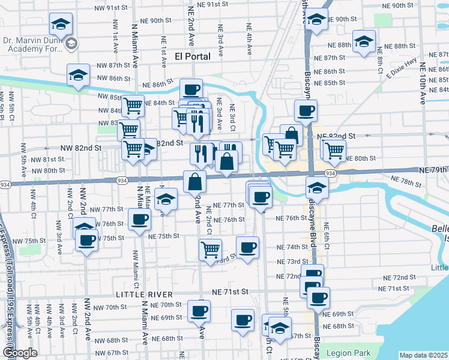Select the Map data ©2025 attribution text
point(424,355)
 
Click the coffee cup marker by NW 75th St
point(88,241)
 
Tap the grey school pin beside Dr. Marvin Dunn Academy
point(71,43)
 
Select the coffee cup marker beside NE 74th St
point(247,247)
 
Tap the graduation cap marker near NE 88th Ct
point(363,43)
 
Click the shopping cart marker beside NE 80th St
point(334,150)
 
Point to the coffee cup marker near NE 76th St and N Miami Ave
point(140,220)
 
